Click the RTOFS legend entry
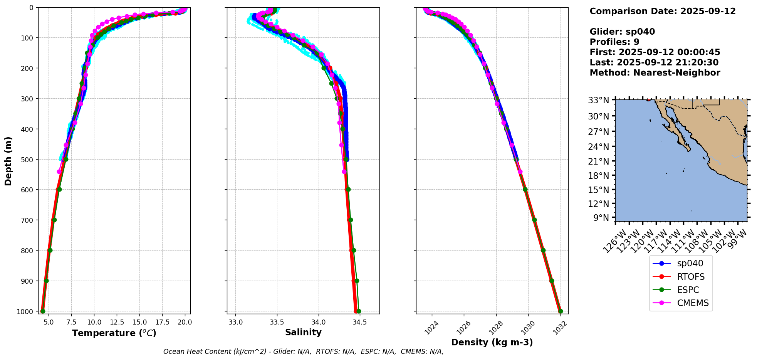pyautogui.click(x=691, y=277)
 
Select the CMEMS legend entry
pyautogui.click(x=693, y=303)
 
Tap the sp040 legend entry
pyautogui.click(x=690, y=264)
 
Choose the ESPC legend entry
pyautogui.click(x=688, y=290)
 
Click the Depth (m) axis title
pyautogui.click(x=8, y=161)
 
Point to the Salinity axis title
pyautogui.click(x=303, y=333)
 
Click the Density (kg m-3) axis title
pyautogui.click(x=492, y=342)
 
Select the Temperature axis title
pyautogui.click(x=114, y=333)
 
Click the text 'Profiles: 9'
pyautogui.click(x=614, y=42)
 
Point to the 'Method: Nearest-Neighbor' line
pyautogui.click(x=655, y=73)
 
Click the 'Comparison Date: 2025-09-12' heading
pyautogui.click(x=663, y=11)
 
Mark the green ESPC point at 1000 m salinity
pyautogui.click(x=359, y=311)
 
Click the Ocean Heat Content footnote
pyautogui.click(x=303, y=352)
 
